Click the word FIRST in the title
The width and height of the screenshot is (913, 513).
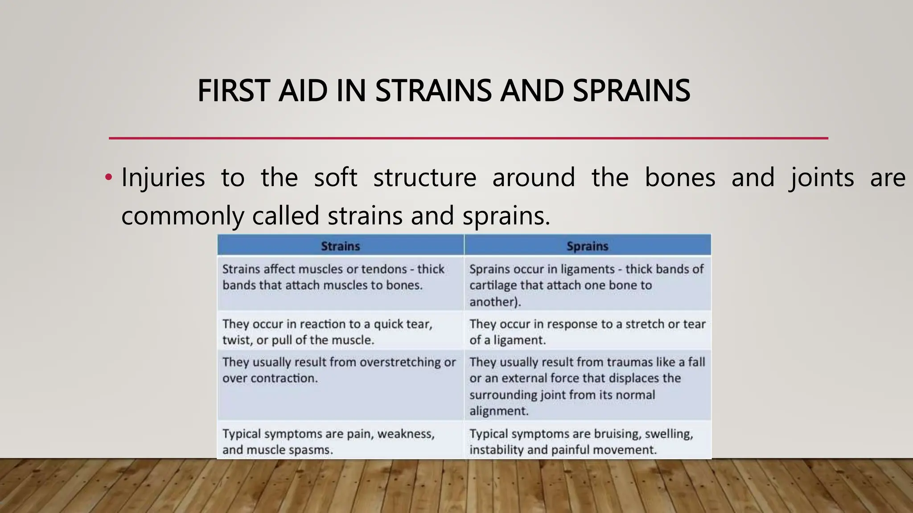click(x=233, y=91)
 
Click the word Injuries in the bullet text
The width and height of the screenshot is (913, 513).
click(x=163, y=178)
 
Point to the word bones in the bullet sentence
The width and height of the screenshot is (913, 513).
click(x=680, y=178)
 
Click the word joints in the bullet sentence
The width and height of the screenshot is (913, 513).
click(x=821, y=178)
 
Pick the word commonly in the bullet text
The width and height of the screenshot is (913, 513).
click(x=182, y=216)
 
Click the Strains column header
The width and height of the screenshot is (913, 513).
click(x=340, y=246)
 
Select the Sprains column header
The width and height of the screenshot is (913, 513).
click(x=587, y=246)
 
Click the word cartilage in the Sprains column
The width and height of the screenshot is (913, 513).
click(x=493, y=285)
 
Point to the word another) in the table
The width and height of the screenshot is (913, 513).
click(x=495, y=302)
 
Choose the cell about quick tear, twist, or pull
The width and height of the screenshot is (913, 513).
click(x=340, y=332)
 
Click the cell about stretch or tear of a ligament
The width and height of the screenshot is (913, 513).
click(x=587, y=332)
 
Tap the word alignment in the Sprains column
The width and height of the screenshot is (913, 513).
click(x=498, y=411)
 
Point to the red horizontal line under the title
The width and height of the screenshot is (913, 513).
click(x=468, y=138)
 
